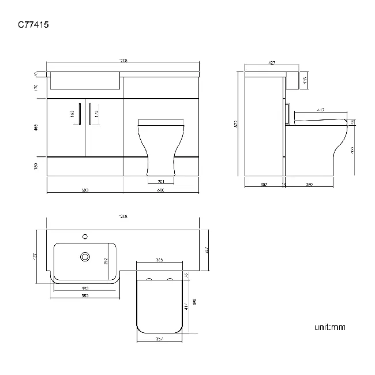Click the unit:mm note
pyautogui.click(x=329, y=327)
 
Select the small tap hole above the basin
pyautogui.click(x=85, y=235)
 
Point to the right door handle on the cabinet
pyautogui.click(x=91, y=112)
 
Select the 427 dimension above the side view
pyautogui.click(x=271, y=63)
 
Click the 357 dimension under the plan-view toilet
pyautogui.click(x=159, y=339)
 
